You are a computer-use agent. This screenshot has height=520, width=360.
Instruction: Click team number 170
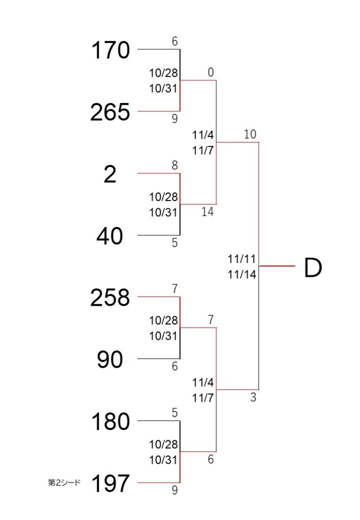point(110,50)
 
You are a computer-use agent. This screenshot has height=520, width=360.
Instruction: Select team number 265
point(110,112)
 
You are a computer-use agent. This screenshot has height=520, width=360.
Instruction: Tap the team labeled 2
point(110,174)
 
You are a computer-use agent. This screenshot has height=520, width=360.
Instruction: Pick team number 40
point(110,236)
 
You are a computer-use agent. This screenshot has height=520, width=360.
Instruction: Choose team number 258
point(110,298)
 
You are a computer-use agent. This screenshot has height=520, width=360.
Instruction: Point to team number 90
point(110,360)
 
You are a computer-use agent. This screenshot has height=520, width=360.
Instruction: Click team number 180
point(110,421)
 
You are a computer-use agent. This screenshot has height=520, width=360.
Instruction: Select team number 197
point(110,483)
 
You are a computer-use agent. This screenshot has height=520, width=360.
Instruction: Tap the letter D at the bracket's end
point(313,268)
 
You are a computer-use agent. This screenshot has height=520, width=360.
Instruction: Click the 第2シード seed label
point(64,482)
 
